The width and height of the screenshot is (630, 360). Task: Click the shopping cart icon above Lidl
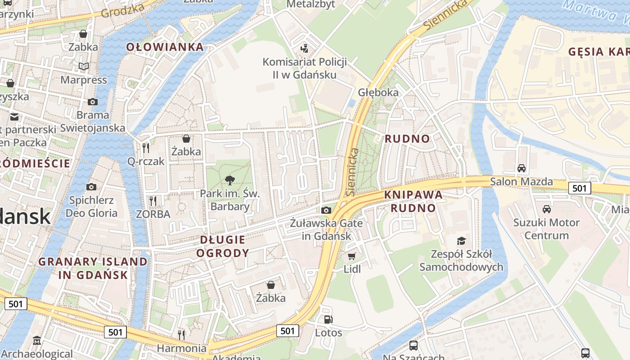point(352,256)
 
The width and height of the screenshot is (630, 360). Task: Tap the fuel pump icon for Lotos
point(328,319)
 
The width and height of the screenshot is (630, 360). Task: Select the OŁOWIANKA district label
point(165,47)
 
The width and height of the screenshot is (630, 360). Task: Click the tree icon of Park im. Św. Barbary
point(230,180)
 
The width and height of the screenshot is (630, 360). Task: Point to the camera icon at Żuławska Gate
point(326,210)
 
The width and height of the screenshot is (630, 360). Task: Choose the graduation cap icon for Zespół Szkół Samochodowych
point(461,241)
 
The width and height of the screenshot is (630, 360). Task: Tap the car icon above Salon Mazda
point(522,168)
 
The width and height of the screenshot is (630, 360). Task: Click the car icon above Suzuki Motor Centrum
point(547,209)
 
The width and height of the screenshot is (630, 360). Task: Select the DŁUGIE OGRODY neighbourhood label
point(223,246)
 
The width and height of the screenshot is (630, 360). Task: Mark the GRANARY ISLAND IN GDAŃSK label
point(93,268)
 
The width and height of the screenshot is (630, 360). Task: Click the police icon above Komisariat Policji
point(305,48)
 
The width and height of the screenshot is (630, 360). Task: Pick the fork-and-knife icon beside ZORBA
point(153,201)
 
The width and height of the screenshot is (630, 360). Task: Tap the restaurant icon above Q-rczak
point(145,148)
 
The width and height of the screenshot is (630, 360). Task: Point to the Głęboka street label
point(378,92)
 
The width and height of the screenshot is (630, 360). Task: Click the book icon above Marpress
point(84,67)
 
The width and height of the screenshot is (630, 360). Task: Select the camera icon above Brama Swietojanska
point(93,102)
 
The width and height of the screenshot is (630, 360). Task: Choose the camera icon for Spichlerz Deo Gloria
point(91,187)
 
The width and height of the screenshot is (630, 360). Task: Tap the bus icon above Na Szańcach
point(414,346)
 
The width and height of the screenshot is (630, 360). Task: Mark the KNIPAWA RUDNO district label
point(413,201)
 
